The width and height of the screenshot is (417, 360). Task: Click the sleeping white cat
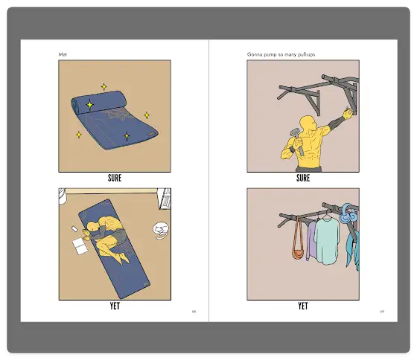point(161,230)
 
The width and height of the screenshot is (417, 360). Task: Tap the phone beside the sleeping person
point(74,228)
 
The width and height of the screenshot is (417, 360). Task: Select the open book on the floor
point(80,246)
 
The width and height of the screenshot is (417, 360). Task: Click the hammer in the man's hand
point(297,141)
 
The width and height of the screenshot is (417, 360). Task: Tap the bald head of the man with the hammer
point(307,123)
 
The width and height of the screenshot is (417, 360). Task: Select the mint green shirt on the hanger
point(327,240)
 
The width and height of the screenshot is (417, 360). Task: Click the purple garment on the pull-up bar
point(311,240)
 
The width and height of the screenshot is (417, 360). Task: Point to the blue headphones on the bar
point(348,213)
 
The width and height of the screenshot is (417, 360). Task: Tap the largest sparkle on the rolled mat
point(90,105)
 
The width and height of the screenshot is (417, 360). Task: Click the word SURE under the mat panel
point(115,178)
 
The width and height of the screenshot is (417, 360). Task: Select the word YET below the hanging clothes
point(303,306)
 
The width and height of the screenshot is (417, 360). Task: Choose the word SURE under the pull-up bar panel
point(303,178)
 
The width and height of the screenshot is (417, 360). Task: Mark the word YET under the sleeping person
point(115,306)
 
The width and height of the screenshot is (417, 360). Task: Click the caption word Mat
point(63,54)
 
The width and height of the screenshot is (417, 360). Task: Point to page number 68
point(194,312)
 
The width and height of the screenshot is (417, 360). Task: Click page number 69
point(382,312)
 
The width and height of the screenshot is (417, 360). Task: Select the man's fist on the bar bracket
point(348,114)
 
